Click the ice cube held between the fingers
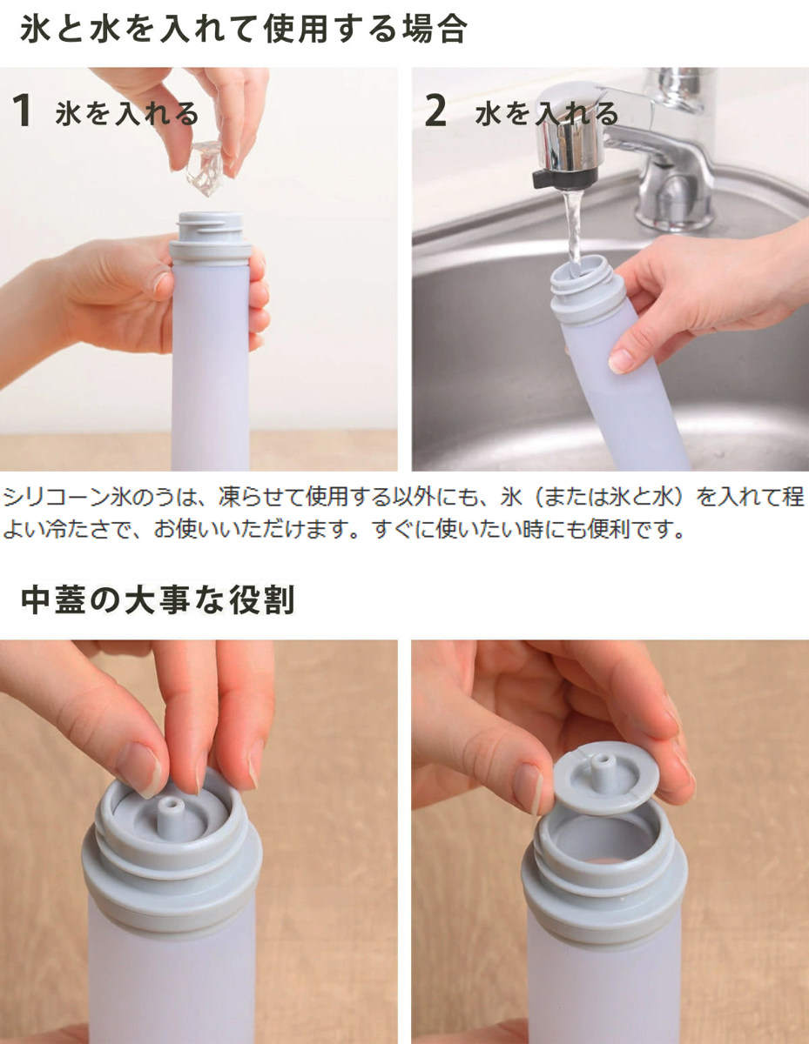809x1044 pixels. (x=205, y=167)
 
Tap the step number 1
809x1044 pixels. (x=22, y=110)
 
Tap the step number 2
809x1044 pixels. (x=435, y=110)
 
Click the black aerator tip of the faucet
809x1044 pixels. (x=564, y=177)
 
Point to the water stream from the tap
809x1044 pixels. (x=574, y=226)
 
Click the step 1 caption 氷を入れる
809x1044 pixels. (x=126, y=114)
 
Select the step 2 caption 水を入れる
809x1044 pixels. (x=547, y=114)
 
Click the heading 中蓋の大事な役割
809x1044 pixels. (x=158, y=600)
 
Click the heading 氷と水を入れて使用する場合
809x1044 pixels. (x=244, y=30)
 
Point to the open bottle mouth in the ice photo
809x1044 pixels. (x=210, y=218)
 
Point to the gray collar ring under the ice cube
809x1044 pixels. (x=210, y=253)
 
